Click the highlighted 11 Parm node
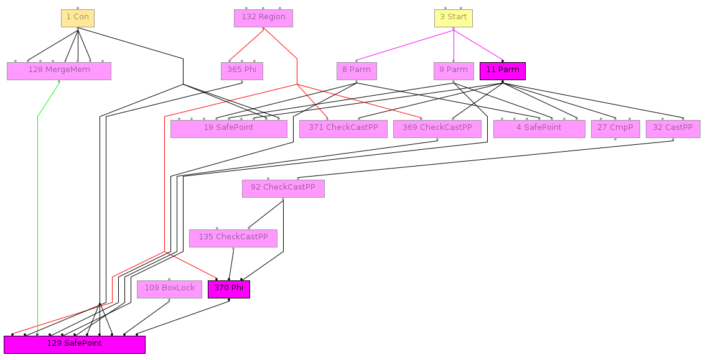pyautogui.click(x=502, y=71)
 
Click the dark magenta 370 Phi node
pyautogui.click(x=228, y=289)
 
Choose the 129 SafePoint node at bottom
pyautogui.click(x=75, y=344)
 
